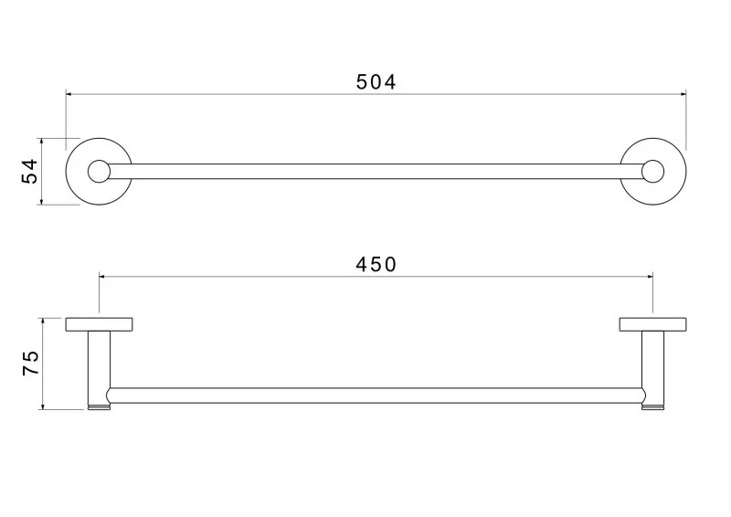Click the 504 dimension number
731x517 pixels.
pos(376,82)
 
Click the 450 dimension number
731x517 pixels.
pos(376,264)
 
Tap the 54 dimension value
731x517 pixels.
pos(31,171)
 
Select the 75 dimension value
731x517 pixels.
pos(31,364)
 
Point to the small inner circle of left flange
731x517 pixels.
pos(99,171)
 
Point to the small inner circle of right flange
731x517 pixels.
pos(652,171)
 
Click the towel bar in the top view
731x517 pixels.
pos(376,171)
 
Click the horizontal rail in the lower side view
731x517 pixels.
pos(376,396)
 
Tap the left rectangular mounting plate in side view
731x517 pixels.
pos(100,323)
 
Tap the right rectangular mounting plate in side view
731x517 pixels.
pos(652,323)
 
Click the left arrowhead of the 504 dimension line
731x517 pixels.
pos(69,92)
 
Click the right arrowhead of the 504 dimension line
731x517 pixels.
pos(682,92)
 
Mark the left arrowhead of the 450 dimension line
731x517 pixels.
pos(103,274)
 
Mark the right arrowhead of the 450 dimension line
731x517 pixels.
pos(649,274)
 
